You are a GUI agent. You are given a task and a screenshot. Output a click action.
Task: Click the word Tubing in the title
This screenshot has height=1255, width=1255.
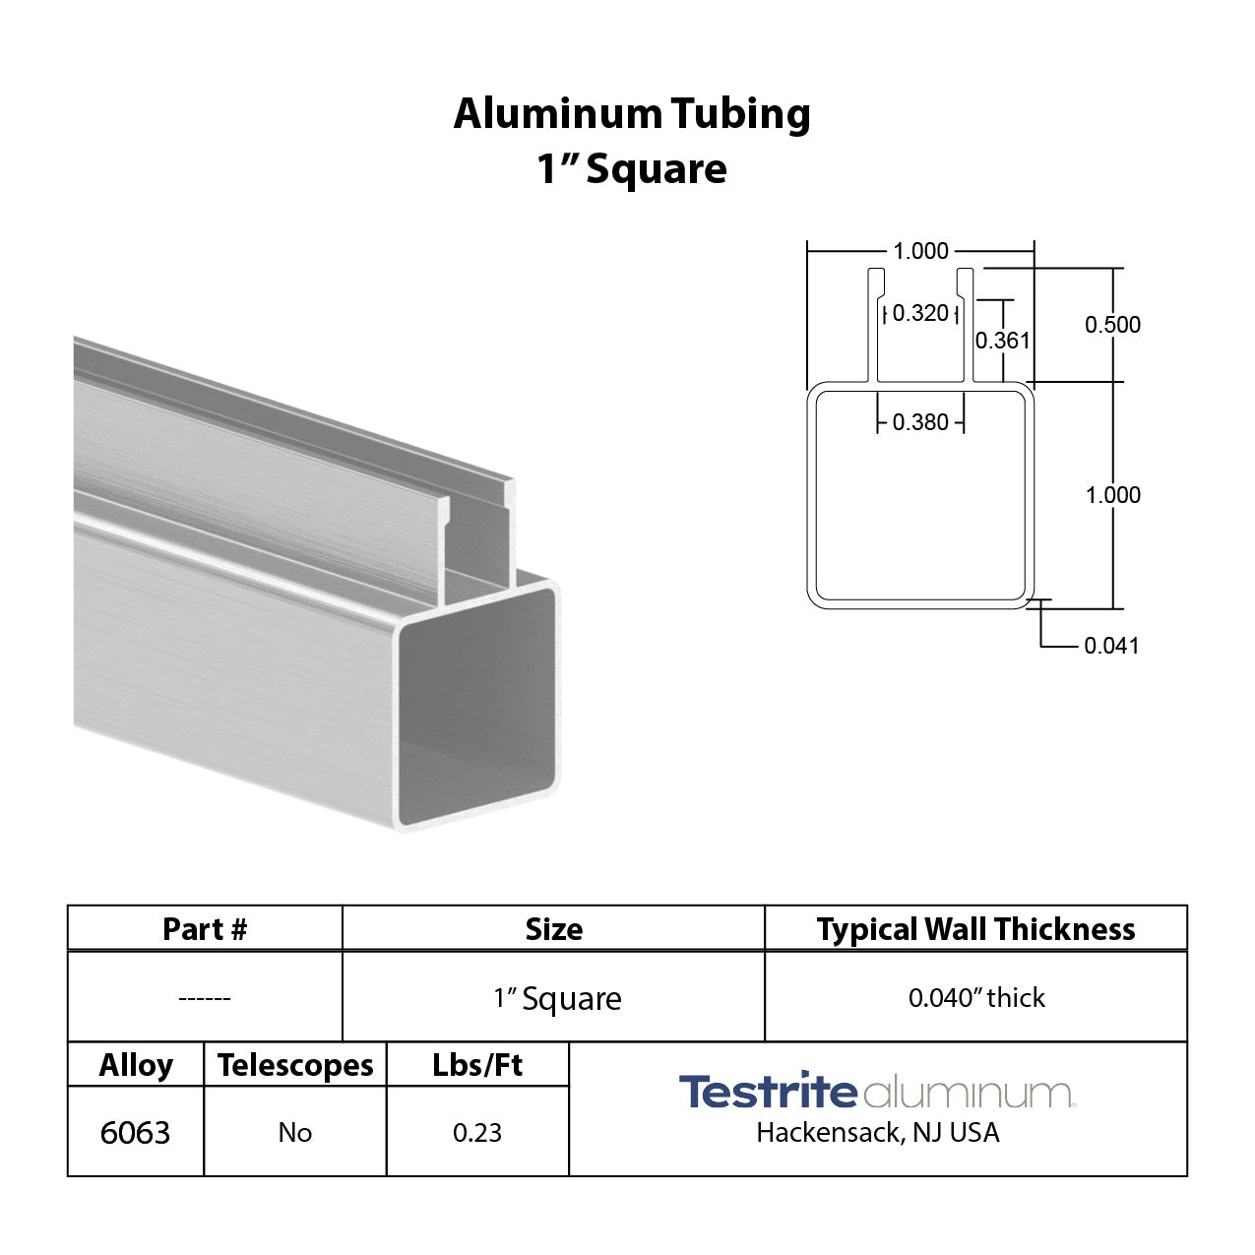tap(741, 115)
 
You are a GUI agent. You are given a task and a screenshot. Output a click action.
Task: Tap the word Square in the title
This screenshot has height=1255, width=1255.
tap(657, 169)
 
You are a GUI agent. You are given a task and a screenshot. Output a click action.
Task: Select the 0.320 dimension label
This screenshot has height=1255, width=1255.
tap(920, 313)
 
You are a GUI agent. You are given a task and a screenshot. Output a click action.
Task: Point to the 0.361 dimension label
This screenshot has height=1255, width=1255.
tap(1002, 341)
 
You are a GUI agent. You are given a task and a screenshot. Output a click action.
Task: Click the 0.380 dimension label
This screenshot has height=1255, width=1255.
tap(920, 422)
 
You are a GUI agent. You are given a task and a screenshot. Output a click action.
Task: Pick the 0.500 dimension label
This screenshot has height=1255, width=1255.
tap(1112, 325)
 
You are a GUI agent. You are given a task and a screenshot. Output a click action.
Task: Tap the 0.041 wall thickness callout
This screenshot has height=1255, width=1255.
tap(1111, 646)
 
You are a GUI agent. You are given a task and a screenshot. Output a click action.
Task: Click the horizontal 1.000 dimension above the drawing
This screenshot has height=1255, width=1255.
tap(920, 251)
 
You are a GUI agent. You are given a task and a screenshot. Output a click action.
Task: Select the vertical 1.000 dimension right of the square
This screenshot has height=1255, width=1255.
tap(1113, 495)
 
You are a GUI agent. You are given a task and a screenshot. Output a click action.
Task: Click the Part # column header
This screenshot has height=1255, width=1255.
tap(205, 929)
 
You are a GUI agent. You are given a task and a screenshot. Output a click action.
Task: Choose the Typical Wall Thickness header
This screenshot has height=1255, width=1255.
tap(975, 929)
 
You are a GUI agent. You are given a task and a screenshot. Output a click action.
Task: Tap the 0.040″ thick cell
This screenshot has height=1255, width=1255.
tap(976, 998)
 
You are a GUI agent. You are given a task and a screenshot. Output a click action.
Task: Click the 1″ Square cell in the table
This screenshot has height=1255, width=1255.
tap(557, 999)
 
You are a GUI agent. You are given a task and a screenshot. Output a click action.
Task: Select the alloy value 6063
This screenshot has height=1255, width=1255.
tap(135, 1133)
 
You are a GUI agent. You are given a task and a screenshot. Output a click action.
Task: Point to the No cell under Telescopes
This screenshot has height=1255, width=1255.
tap(295, 1133)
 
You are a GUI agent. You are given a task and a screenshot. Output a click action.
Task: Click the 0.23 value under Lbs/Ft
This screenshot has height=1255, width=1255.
tap(477, 1133)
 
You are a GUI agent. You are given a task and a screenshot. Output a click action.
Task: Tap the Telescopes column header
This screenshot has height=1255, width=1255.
tap(295, 1066)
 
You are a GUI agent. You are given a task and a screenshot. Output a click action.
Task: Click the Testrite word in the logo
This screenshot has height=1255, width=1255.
tap(767, 1093)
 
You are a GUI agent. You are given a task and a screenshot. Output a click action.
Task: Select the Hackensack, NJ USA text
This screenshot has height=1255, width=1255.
tap(877, 1133)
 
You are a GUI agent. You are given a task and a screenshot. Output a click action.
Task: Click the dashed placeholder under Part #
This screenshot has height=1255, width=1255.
tap(205, 998)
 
